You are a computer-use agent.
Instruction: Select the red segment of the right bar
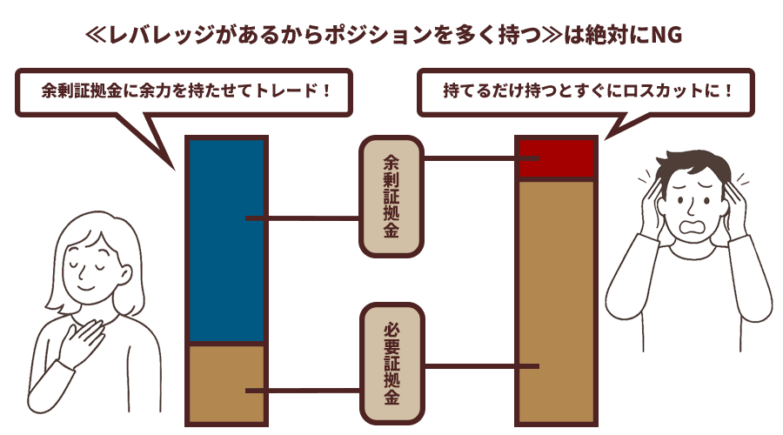coord(557,159)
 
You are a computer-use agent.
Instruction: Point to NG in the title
coord(668,37)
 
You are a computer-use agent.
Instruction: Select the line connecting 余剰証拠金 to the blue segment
coord(304,218)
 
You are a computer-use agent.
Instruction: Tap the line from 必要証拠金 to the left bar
coord(304,391)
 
